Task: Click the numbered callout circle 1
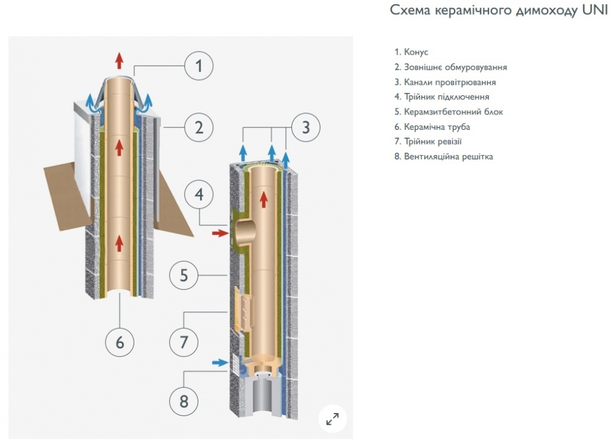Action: [x=198, y=65]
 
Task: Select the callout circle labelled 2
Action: [x=198, y=128]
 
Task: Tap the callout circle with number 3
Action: [x=306, y=128]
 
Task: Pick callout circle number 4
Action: [x=198, y=195]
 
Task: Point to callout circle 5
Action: [x=184, y=275]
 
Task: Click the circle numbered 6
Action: [x=120, y=342]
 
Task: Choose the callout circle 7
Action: [x=184, y=341]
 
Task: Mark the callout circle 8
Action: [x=184, y=402]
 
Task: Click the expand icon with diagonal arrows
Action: [x=332, y=419]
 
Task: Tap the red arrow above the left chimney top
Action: [x=120, y=60]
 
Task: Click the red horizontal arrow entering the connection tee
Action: [x=219, y=233]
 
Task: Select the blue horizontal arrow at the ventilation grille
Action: [x=219, y=363]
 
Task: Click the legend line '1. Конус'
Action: [x=411, y=52]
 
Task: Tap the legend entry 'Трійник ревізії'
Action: [x=432, y=142]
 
